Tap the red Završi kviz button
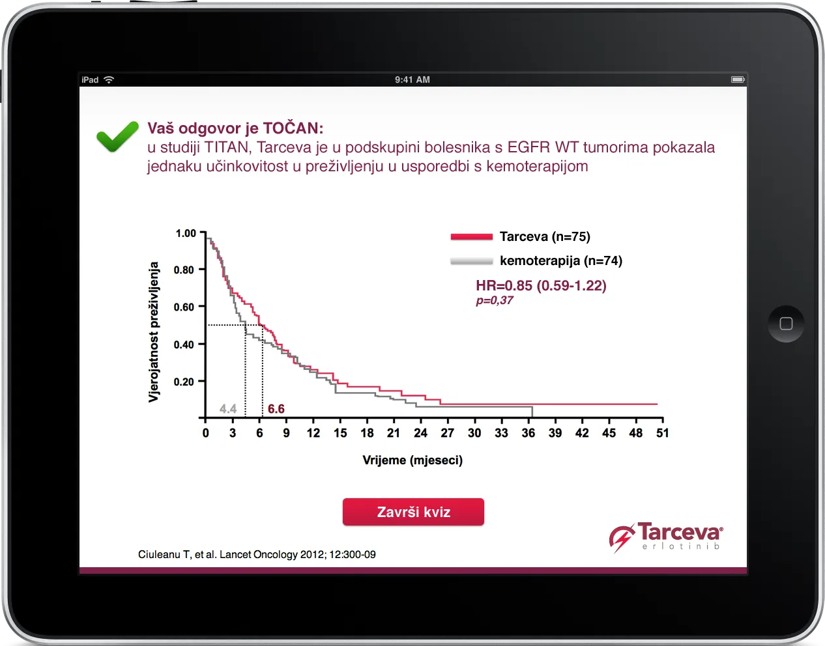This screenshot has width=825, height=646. (x=413, y=512)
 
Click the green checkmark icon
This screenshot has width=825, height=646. (x=117, y=136)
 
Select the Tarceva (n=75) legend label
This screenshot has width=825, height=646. (x=545, y=236)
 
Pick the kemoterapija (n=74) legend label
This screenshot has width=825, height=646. (x=561, y=261)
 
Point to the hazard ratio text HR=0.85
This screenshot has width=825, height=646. (x=504, y=286)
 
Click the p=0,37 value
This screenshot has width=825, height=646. (x=495, y=300)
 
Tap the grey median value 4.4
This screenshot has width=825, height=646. (x=228, y=408)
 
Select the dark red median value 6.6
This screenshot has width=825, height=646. (x=276, y=408)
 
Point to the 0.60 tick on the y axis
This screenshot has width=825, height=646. (x=184, y=307)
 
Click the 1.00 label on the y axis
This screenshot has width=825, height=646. (x=186, y=233)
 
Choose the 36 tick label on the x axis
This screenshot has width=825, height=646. (x=528, y=433)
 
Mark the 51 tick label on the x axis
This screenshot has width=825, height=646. (x=662, y=433)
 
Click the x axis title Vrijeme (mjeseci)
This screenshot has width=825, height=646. (x=412, y=460)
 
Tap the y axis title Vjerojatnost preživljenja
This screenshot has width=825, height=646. (x=153, y=332)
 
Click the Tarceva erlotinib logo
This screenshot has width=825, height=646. (x=666, y=537)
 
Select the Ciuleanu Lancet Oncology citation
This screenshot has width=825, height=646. (x=257, y=555)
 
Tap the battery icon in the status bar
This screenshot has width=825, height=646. (x=738, y=79)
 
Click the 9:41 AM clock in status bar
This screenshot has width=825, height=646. (x=412, y=79)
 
